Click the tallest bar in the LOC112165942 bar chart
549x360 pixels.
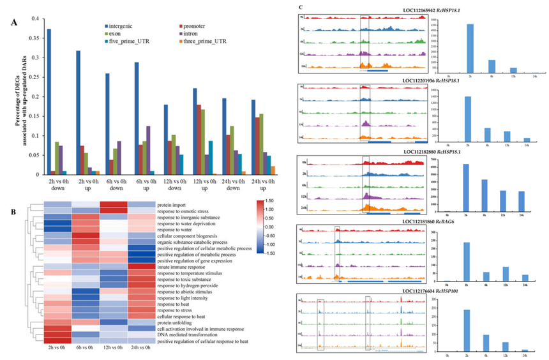pyautogui.click(x=470, y=47)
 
